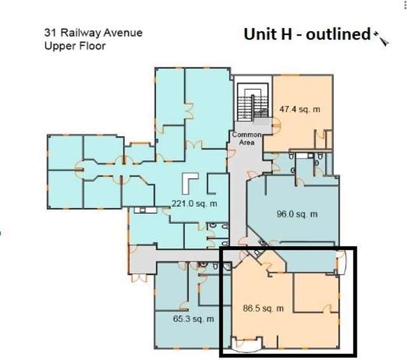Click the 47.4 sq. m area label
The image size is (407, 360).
[300, 109]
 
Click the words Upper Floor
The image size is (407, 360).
[74, 46]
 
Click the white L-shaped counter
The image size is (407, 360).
[190, 183]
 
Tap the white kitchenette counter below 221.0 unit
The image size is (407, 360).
[141, 209]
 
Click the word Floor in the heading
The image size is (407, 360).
[92, 46]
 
